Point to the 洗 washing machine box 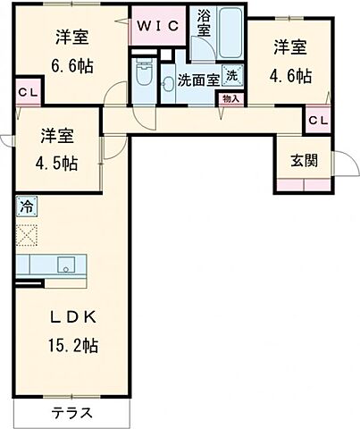point(231,76)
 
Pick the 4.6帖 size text point(291,75)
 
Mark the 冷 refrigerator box point(25,207)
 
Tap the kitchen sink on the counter point(64,265)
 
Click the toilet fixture point(143,71)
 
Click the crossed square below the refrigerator point(26,235)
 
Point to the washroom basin point(167,84)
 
